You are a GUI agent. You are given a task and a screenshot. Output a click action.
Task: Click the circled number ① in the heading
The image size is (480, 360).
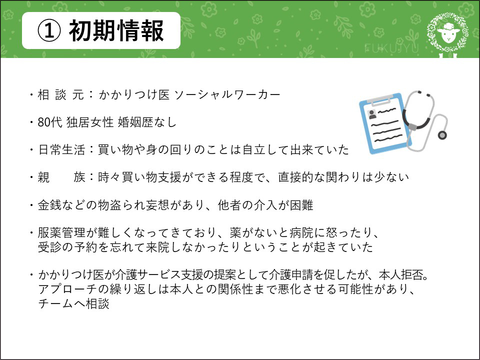(x=48, y=31)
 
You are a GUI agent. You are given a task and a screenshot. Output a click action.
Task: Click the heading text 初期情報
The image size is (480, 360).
(x=116, y=30)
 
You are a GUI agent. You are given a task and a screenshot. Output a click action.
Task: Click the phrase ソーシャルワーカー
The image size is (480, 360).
(x=227, y=94)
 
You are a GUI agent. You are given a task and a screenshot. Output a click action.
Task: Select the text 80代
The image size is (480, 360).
(x=50, y=122)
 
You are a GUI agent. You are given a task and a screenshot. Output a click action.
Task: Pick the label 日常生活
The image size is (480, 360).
(x=61, y=149)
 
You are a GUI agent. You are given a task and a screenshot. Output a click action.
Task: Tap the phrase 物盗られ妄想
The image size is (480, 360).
(x=134, y=205)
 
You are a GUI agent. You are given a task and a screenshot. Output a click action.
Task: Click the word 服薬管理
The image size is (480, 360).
(x=61, y=232)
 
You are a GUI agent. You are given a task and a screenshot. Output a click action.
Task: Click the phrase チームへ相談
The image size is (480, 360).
(x=74, y=303)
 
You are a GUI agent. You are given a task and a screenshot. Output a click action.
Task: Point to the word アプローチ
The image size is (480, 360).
(x=68, y=289)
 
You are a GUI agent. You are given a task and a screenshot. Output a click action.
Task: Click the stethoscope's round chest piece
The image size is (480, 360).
(x=442, y=135)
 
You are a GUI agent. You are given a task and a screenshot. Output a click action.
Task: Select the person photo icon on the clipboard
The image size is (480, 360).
(x=372, y=114)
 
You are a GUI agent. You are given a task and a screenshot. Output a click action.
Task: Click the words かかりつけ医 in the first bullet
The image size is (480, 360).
(x=134, y=94)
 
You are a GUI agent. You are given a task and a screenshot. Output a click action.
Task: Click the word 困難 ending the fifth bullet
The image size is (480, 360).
(x=301, y=205)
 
